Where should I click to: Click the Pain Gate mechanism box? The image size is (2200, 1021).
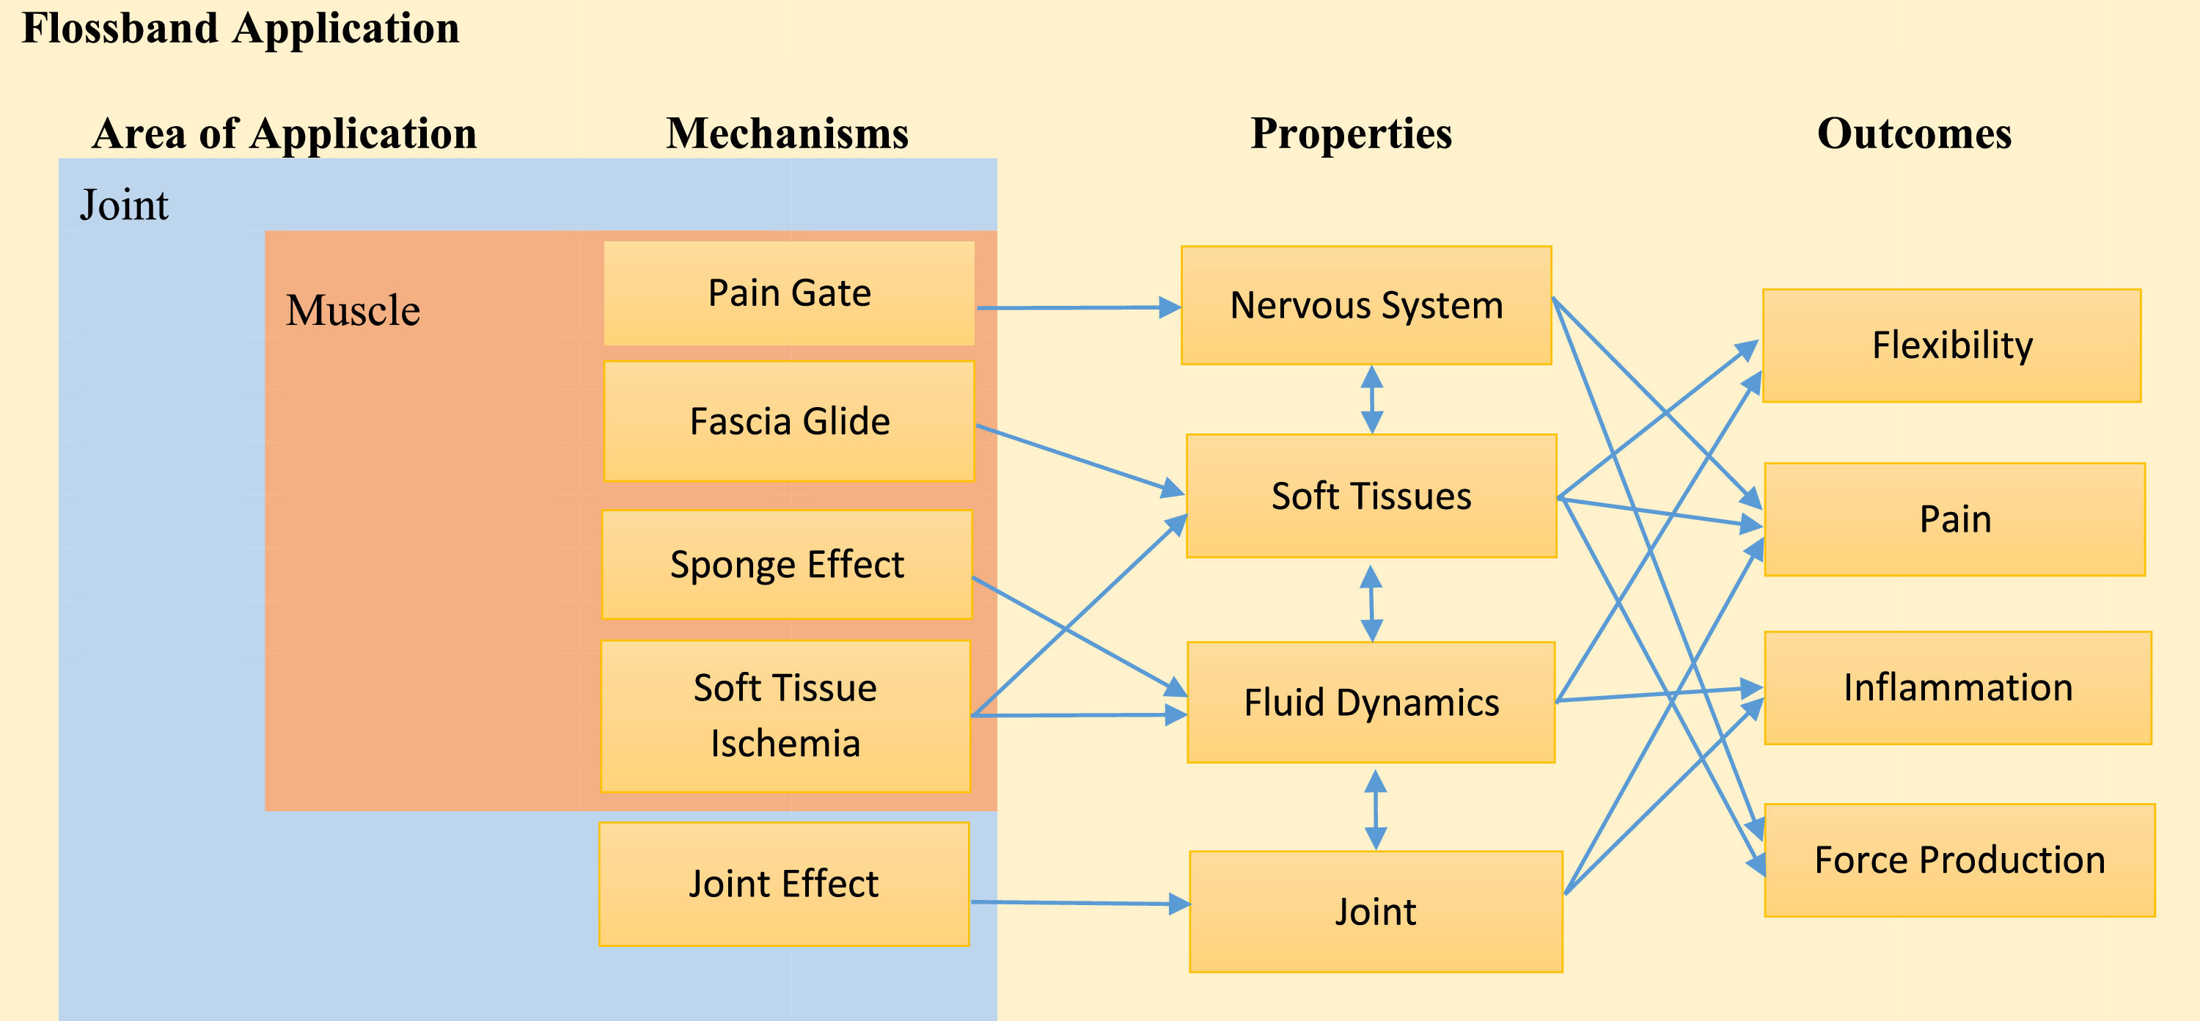tap(788, 293)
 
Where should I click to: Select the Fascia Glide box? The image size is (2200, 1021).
tap(788, 421)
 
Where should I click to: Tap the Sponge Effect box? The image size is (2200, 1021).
tap(787, 565)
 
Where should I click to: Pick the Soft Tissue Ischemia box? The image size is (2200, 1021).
tap(785, 716)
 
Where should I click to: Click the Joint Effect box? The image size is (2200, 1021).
tap(783, 885)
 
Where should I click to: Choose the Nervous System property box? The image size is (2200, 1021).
tap(1365, 306)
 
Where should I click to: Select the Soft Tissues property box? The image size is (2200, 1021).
tap(1371, 497)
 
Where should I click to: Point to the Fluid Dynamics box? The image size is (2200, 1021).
tap(1371, 703)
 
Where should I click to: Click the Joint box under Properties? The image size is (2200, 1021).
tap(1375, 912)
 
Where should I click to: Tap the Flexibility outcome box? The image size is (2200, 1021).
tap(1951, 345)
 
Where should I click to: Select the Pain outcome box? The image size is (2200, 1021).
tap(1954, 519)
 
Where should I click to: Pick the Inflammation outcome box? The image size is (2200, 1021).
tap(1957, 688)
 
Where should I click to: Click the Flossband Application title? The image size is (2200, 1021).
tap(240, 28)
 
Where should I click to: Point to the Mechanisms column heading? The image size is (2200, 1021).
tap(787, 134)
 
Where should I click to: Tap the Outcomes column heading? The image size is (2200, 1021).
tap(1913, 134)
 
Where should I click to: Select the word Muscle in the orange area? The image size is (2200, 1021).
tap(352, 310)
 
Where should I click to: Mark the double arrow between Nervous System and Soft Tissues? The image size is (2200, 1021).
tap(1371, 399)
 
